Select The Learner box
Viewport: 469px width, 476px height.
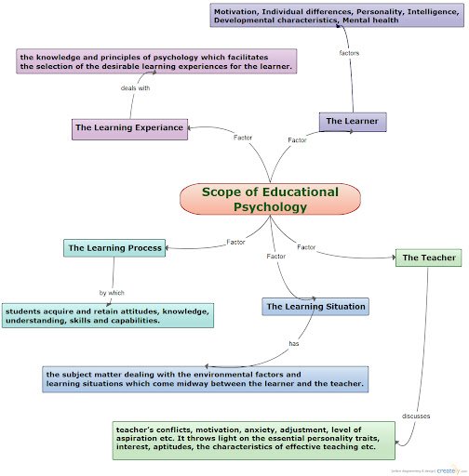click(352, 121)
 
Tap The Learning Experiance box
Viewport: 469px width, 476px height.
click(129, 127)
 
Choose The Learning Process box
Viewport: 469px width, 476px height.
click(115, 248)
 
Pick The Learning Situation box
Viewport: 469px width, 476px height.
click(315, 306)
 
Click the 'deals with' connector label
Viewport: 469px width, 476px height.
click(135, 88)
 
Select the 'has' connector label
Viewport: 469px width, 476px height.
click(294, 343)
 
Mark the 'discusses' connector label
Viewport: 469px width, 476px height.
click(416, 416)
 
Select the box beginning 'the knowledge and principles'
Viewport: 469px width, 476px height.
click(156, 61)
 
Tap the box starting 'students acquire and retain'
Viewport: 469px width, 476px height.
click(107, 315)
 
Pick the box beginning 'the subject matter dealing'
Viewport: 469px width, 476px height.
click(205, 378)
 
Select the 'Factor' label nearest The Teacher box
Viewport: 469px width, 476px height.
click(306, 246)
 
